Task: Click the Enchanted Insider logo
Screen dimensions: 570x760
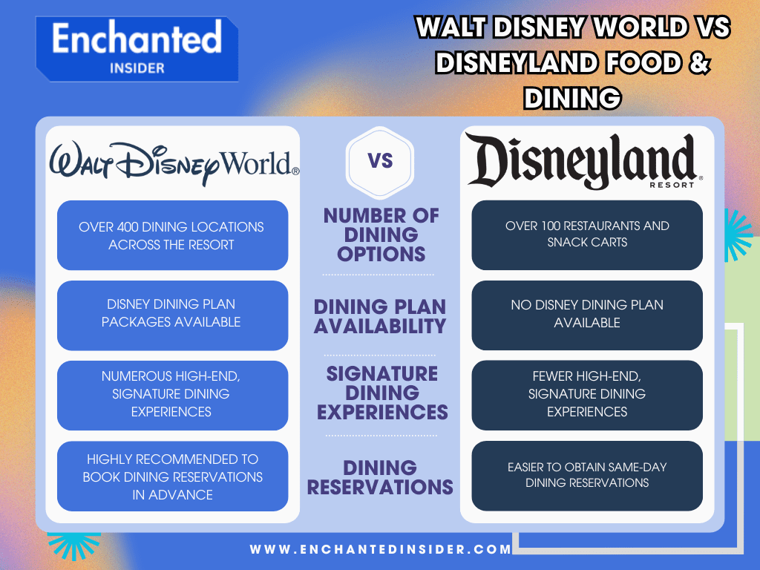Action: (x=137, y=49)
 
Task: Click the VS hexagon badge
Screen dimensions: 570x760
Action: (x=380, y=161)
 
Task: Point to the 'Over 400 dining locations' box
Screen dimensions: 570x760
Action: (x=172, y=235)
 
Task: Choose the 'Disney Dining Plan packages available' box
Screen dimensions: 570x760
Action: (x=172, y=315)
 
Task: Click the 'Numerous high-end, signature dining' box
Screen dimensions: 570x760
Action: (x=172, y=394)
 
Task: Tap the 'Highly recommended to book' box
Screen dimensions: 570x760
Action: (x=172, y=476)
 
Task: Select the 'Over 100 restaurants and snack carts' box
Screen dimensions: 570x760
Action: (x=587, y=234)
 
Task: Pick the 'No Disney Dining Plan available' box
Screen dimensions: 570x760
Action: (x=587, y=314)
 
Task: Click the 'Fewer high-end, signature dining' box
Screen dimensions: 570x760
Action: (x=587, y=394)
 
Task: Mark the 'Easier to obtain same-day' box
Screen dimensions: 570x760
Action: (x=587, y=475)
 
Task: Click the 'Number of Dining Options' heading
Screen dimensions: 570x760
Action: (x=381, y=235)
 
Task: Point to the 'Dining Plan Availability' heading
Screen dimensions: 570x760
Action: (x=380, y=316)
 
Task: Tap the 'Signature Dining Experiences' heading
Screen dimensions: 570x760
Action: (x=381, y=393)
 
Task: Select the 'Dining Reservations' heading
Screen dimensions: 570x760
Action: (x=380, y=477)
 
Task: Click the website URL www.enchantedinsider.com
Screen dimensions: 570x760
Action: (x=381, y=550)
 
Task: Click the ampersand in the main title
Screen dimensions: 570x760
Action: (x=696, y=63)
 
